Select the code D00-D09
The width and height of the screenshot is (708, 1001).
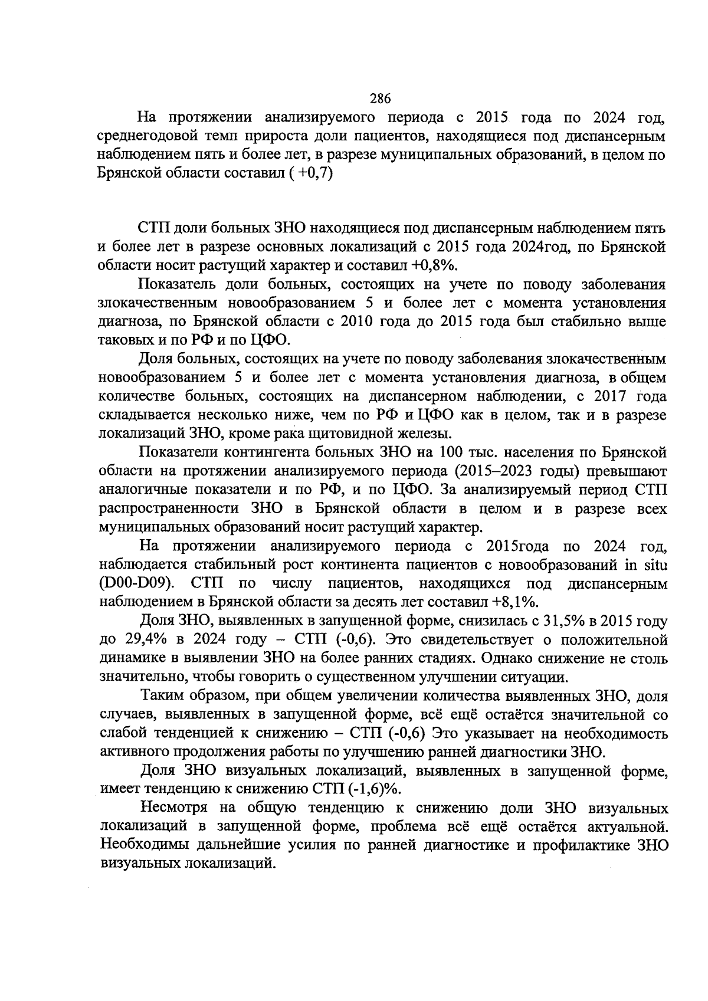pyautogui.click(x=136, y=583)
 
